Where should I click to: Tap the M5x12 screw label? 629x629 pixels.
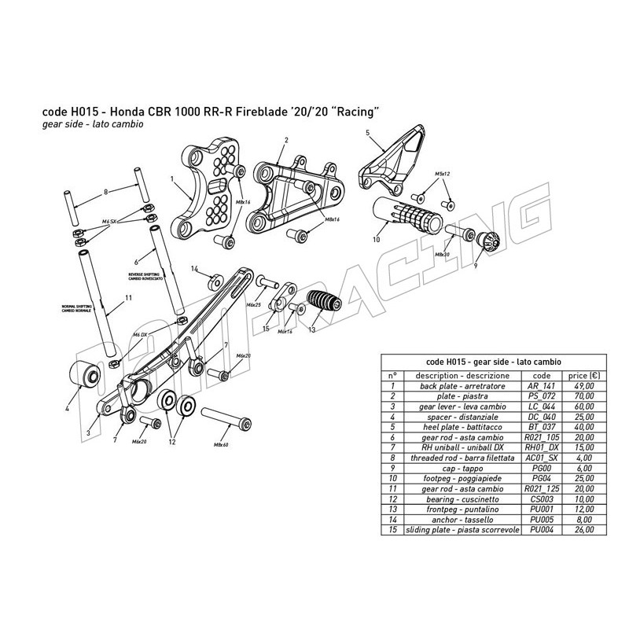tap(441, 172)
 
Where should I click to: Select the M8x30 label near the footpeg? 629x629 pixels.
tap(442, 255)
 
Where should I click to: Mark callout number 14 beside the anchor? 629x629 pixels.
tap(194, 269)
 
